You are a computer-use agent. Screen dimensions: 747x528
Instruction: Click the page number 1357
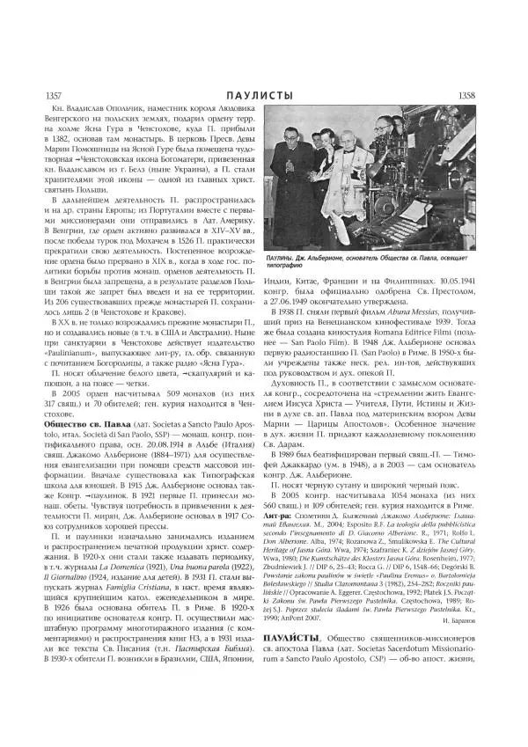click(41, 95)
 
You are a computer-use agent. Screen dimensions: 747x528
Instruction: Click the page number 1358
click(487, 95)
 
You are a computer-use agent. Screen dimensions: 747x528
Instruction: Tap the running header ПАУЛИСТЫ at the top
click(263, 95)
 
